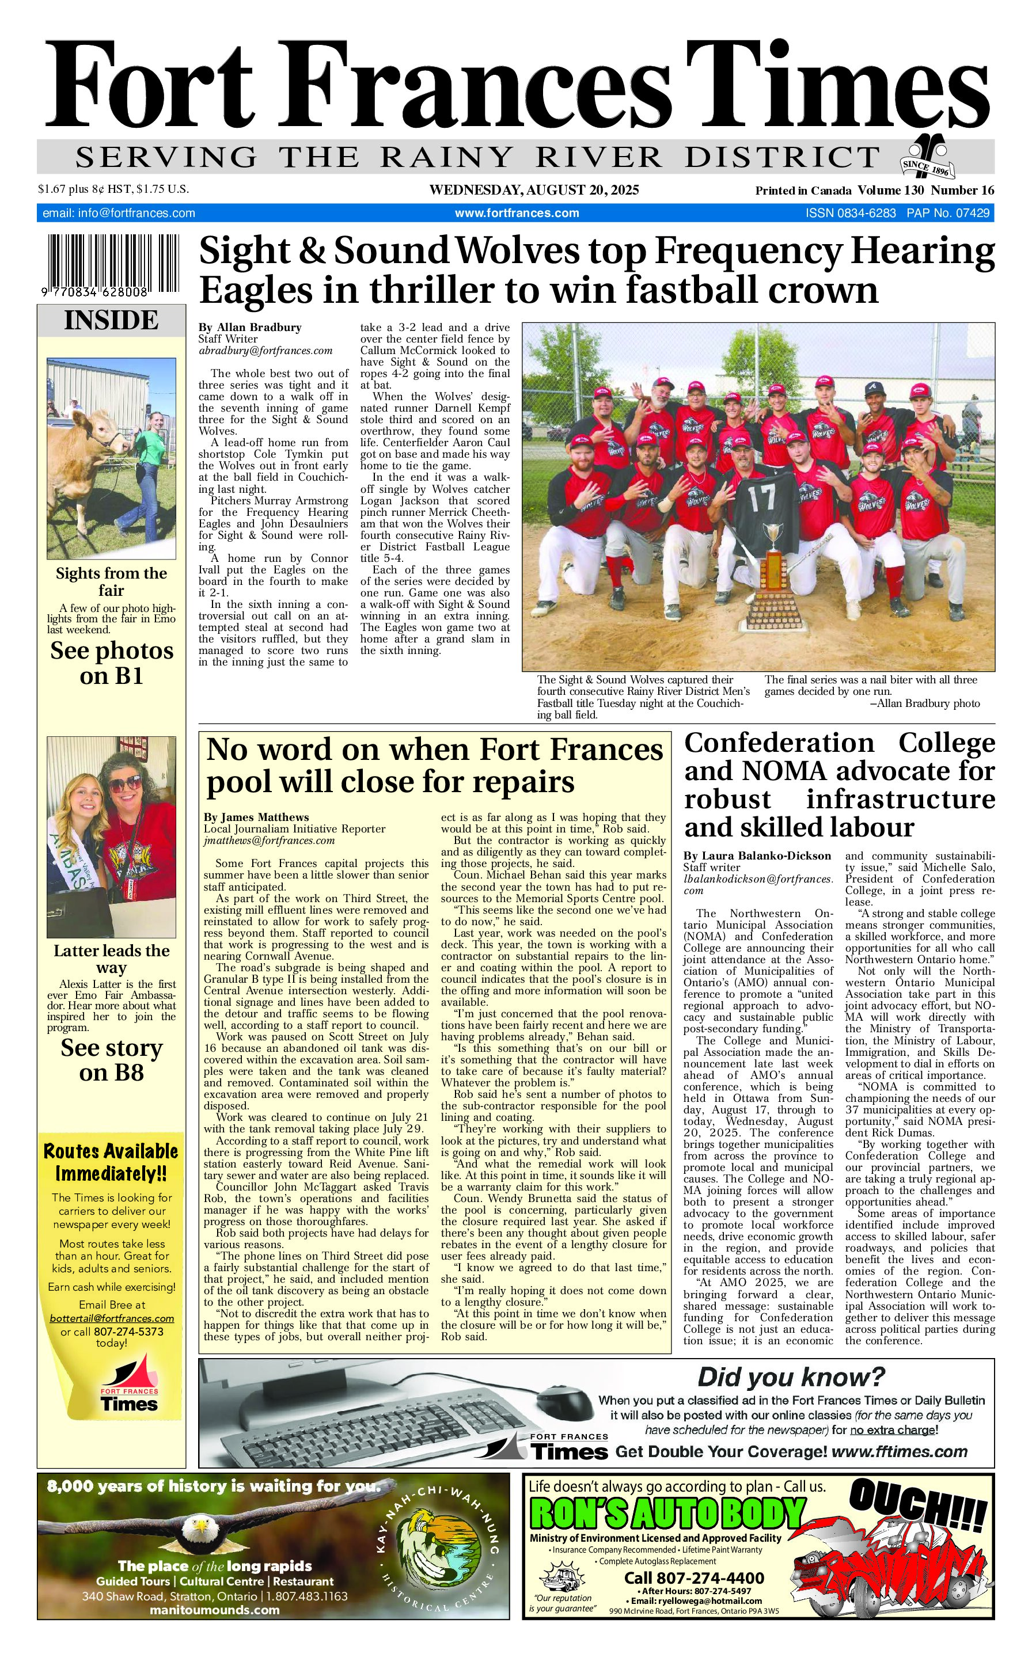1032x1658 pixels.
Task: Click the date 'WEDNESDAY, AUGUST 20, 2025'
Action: coord(534,191)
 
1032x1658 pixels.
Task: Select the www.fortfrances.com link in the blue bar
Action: coord(517,214)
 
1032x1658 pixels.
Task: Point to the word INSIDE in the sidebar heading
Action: coord(111,321)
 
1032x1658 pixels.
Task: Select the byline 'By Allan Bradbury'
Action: coord(250,328)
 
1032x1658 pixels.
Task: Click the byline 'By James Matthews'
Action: coord(256,817)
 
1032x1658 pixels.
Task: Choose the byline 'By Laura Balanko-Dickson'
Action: coord(758,856)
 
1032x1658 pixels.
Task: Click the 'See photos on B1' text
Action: coord(111,663)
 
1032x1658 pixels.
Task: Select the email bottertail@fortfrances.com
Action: coord(111,1319)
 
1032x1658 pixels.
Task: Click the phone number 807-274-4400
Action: coord(694,1578)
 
